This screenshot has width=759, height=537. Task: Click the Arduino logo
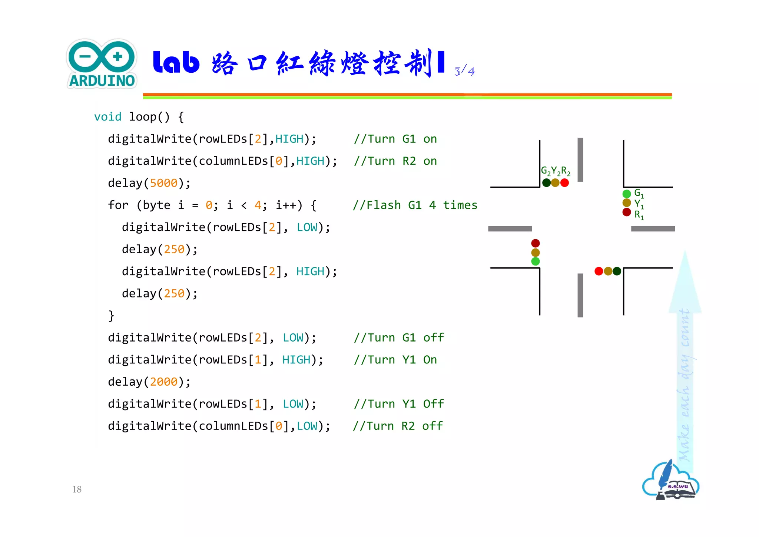[x=102, y=64]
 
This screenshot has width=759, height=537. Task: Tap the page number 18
[x=77, y=489]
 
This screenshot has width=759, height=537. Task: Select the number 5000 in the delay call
[x=163, y=183]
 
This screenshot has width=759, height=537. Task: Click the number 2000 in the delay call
[x=163, y=382]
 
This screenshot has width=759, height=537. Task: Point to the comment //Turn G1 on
[x=395, y=139]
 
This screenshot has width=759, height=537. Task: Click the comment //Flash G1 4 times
[x=415, y=205]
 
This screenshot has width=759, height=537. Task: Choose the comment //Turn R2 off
[x=398, y=426]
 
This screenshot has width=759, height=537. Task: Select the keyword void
[x=107, y=117]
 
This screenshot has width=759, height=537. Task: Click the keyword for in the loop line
[x=118, y=205]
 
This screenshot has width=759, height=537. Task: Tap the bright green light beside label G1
[x=626, y=194]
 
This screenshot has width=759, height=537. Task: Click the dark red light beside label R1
[x=626, y=212]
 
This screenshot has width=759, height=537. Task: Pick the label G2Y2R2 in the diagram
[x=555, y=171]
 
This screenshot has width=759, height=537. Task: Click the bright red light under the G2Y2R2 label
[x=564, y=183]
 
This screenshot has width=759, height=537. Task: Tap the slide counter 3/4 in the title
[x=464, y=70]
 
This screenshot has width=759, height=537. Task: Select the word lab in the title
[x=176, y=62]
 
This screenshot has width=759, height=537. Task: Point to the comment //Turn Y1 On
[x=395, y=360]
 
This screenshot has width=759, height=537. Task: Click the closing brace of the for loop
[x=111, y=316]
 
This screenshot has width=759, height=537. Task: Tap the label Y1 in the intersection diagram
[x=639, y=204]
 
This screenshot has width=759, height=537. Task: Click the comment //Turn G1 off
[x=398, y=338]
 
